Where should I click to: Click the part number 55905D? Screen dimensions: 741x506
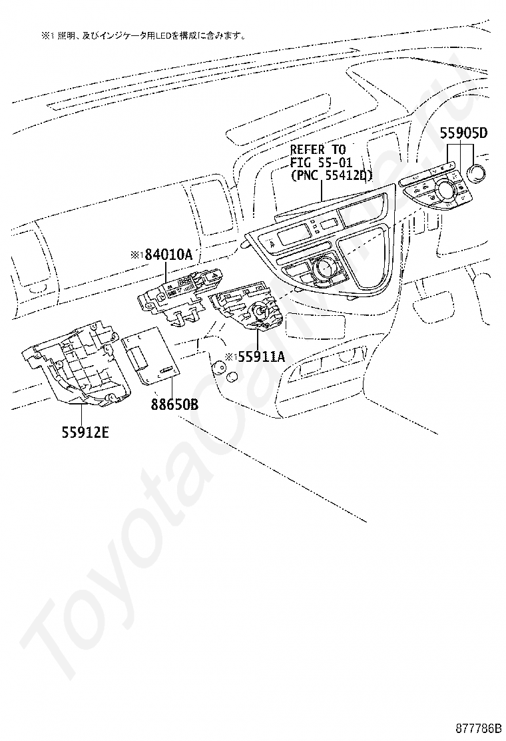463,133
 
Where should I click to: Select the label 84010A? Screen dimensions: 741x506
166,254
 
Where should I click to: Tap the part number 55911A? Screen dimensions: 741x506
260,357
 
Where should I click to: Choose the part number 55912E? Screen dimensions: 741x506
85,432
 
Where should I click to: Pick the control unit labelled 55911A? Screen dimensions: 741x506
246,309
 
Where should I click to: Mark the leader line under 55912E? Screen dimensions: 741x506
82,413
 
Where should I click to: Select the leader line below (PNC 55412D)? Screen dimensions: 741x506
322,192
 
